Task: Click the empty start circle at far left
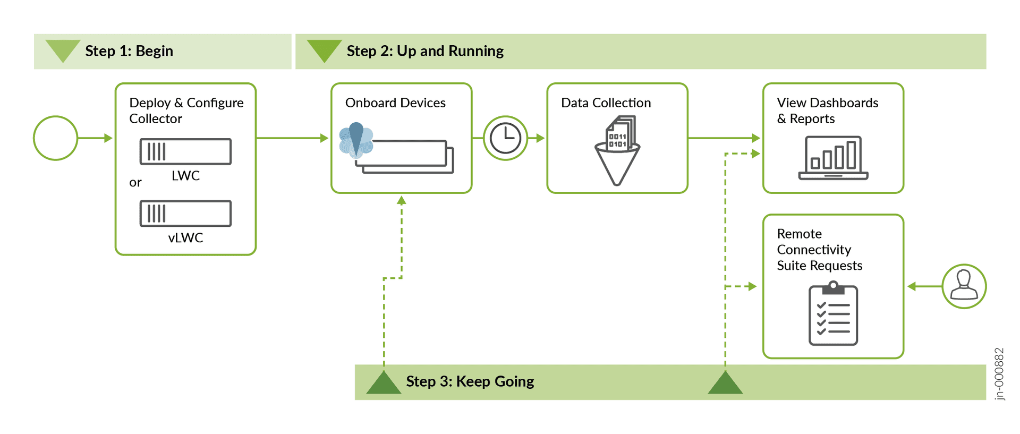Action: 56,138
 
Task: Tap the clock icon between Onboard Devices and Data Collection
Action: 505,138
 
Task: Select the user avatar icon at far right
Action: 964,286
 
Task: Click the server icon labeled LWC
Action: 185,152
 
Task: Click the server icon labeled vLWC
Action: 185,214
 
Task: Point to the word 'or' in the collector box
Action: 135,183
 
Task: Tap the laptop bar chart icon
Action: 833,158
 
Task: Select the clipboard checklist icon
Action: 833,314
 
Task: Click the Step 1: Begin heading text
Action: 129,51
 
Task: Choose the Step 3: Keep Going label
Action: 470,381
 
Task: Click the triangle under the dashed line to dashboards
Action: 725,383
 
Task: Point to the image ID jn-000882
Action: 999,373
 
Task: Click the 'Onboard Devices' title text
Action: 395,103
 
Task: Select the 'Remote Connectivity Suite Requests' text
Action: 819,250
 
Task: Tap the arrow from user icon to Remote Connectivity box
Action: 924,286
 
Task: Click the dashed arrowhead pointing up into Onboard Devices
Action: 402,200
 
